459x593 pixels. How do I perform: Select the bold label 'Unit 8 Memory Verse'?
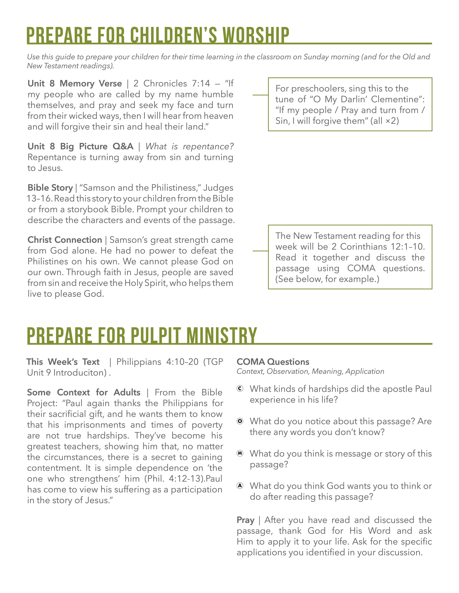(x=75, y=83)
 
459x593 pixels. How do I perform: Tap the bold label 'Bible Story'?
(x=50, y=188)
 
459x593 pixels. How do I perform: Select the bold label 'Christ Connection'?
(x=65, y=240)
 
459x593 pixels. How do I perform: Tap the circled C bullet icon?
(x=240, y=389)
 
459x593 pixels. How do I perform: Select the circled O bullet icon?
(x=240, y=421)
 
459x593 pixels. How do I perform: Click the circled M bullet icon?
(x=240, y=454)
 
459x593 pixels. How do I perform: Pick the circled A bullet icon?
(x=240, y=486)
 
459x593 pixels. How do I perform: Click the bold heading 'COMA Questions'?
(x=273, y=362)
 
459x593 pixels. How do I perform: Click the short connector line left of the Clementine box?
(x=260, y=95)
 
